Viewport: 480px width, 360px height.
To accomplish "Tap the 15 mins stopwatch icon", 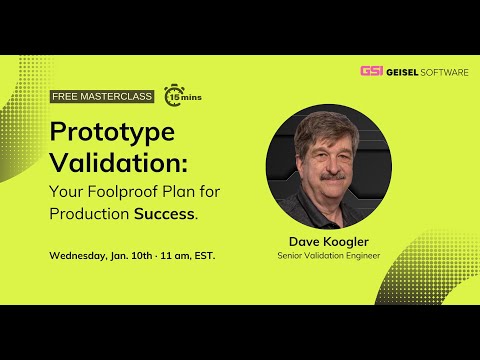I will pyautogui.click(x=177, y=96).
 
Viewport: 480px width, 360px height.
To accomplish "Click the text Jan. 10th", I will pyautogui.click(x=131, y=255).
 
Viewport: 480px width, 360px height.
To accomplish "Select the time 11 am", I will pyautogui.click(x=171, y=255).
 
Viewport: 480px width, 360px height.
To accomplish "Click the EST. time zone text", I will pyautogui.click(x=202, y=255).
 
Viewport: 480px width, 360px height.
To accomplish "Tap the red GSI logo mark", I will pyautogui.click(x=371, y=71).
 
